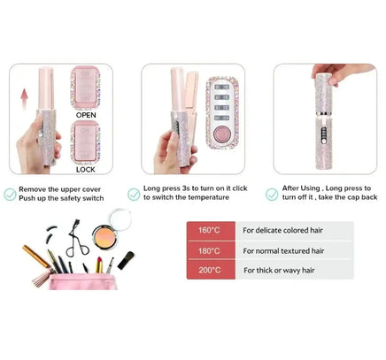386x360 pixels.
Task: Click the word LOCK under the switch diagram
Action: (85, 180)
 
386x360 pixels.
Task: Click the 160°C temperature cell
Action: (210, 231)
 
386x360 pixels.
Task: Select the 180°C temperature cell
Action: (210, 250)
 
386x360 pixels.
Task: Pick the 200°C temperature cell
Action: (210, 270)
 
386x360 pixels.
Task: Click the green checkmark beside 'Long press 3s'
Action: (135, 192)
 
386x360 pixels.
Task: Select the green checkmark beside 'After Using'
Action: (272, 192)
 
